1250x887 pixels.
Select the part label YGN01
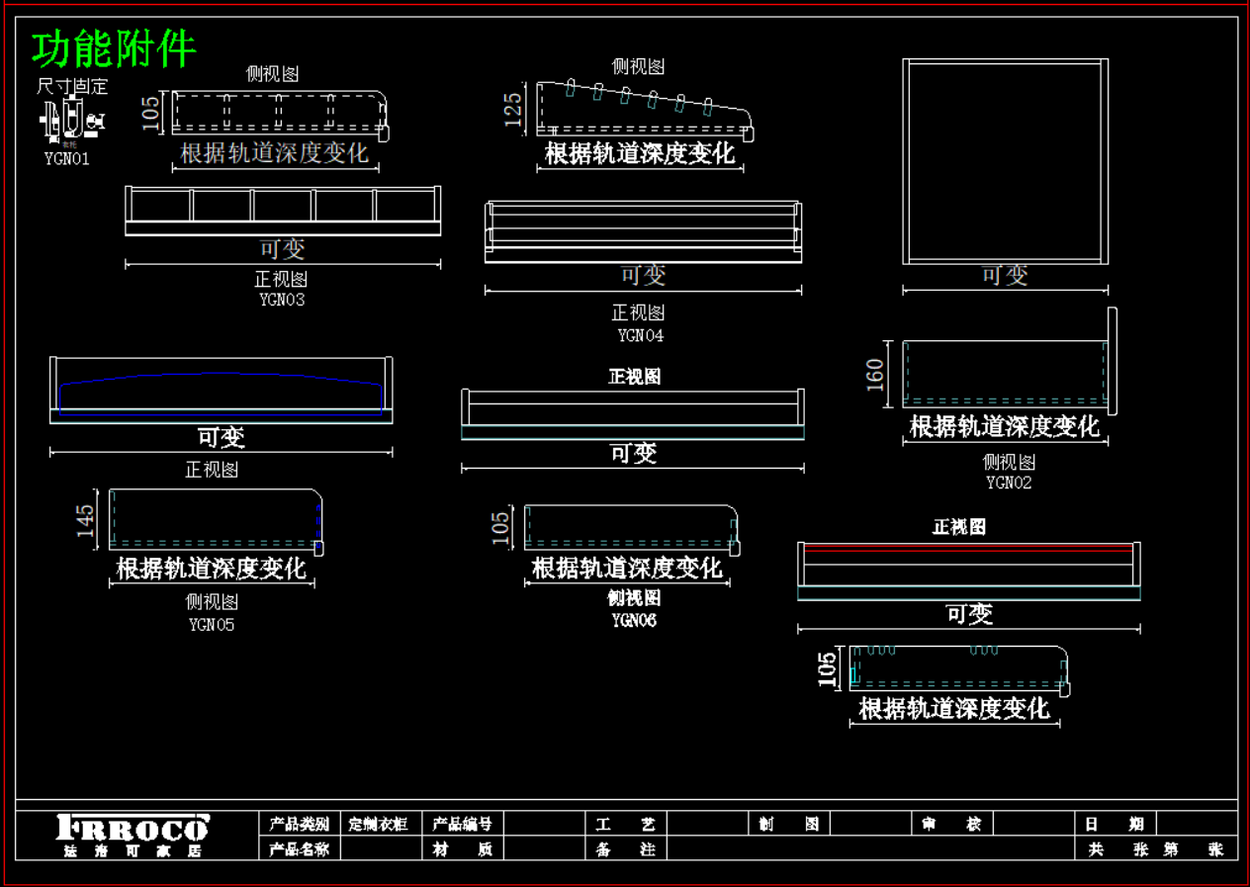(x=67, y=158)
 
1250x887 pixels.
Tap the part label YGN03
(x=282, y=300)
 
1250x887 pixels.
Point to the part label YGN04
(x=641, y=335)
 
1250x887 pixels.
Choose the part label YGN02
(x=1009, y=483)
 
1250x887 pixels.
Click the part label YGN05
(x=212, y=625)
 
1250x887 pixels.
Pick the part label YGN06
(x=634, y=620)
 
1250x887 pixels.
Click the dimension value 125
(x=513, y=110)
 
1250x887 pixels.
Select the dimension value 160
(x=876, y=375)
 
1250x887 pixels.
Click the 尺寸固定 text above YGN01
(x=72, y=87)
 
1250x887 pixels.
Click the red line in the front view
(x=969, y=546)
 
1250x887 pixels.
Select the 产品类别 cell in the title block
(x=300, y=824)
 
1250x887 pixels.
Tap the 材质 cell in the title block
(x=463, y=848)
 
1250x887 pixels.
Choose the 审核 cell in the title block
(x=948, y=824)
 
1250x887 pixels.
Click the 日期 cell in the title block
(x=1113, y=824)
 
